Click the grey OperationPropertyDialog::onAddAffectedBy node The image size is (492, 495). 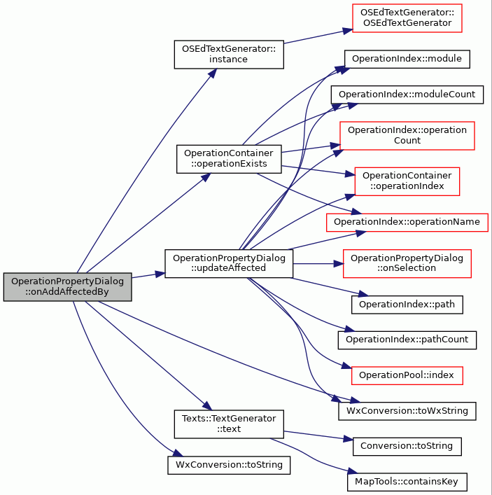[67, 286]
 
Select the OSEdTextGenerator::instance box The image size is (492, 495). [229, 55]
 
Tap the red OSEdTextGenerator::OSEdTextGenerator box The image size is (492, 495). [407, 18]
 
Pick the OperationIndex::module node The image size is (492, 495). [407, 59]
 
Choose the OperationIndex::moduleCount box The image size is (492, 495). [407, 95]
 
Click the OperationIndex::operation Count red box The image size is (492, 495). [407, 135]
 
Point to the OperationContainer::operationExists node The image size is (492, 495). [229, 159]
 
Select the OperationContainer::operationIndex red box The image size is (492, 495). [407, 181]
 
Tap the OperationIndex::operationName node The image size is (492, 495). [407, 222]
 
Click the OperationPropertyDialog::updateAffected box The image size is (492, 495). [229, 263]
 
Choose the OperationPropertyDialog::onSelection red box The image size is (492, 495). [407, 263]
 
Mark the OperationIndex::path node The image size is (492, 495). [407, 305]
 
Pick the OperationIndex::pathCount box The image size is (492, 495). [407, 340]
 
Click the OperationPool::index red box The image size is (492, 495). [407, 375]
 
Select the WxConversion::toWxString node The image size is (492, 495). [407, 411]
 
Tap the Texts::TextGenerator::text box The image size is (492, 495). [229, 424]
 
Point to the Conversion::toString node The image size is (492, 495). [407, 447]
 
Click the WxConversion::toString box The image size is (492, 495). [229, 465]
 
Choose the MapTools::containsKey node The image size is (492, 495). [407, 482]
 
